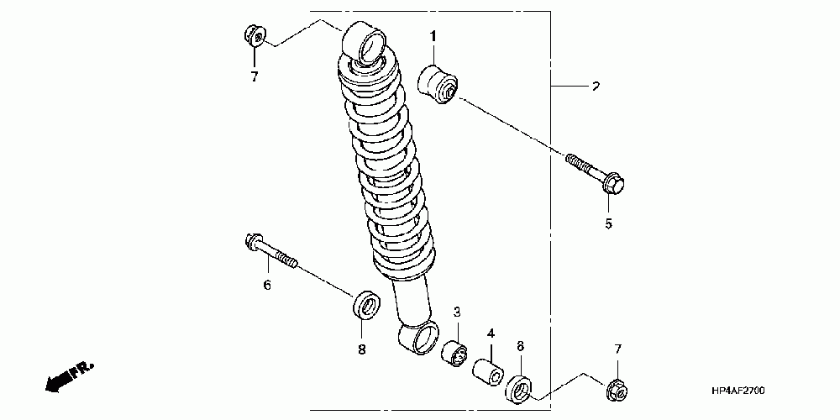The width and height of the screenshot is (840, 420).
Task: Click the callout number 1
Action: pyautogui.click(x=434, y=36)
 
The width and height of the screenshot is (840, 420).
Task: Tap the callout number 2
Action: pyautogui.click(x=595, y=87)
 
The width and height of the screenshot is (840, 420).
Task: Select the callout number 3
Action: pyautogui.click(x=458, y=312)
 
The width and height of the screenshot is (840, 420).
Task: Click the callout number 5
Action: pyautogui.click(x=609, y=223)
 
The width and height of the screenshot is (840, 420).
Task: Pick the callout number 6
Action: pyautogui.click(x=267, y=286)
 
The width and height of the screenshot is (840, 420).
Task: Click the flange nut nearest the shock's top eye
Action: pyautogui.click(x=255, y=36)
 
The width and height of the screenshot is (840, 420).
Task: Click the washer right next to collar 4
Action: pyautogui.click(x=520, y=388)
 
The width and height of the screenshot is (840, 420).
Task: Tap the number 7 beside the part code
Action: pyautogui.click(x=617, y=349)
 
